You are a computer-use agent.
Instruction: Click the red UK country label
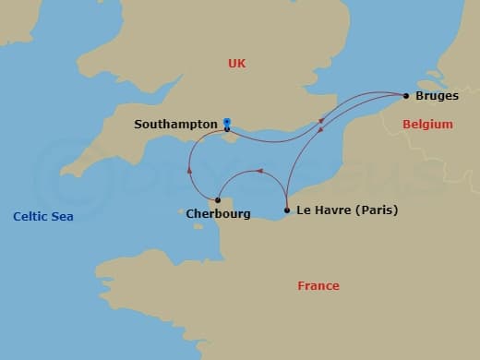238,64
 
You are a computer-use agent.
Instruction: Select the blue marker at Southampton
227,121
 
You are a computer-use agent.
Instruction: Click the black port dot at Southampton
227,129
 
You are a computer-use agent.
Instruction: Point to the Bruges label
438,96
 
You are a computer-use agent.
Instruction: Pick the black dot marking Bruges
406,95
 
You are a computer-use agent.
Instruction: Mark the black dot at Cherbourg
218,200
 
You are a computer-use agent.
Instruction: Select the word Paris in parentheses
374,210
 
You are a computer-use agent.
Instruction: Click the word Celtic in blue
30,217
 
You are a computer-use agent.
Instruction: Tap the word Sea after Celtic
62,217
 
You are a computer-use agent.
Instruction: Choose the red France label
318,286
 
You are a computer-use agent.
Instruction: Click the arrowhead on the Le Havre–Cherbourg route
260,171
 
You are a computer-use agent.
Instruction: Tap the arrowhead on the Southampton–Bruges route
320,120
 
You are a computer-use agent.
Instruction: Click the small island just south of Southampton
228,140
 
